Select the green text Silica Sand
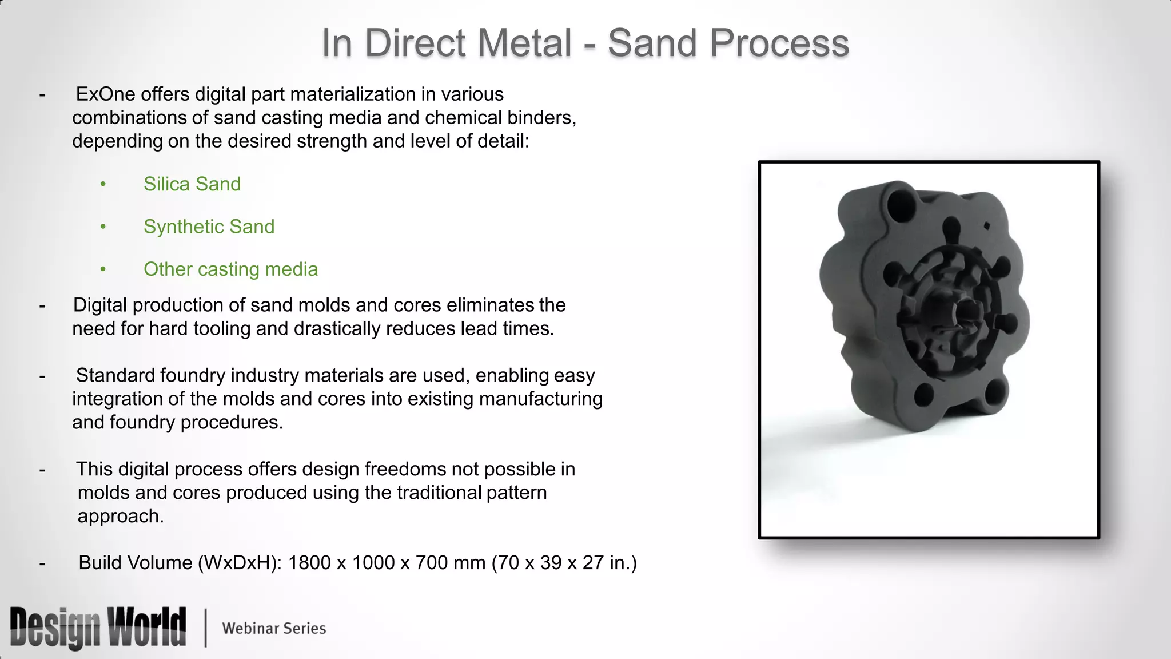click(x=192, y=184)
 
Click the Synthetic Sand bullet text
click(x=209, y=227)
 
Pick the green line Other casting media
click(x=230, y=269)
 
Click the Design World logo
click(x=98, y=628)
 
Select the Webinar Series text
click(x=274, y=628)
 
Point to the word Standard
click(x=115, y=375)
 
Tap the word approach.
click(x=120, y=516)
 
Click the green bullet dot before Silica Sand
click(x=103, y=184)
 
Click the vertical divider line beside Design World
click(x=205, y=628)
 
